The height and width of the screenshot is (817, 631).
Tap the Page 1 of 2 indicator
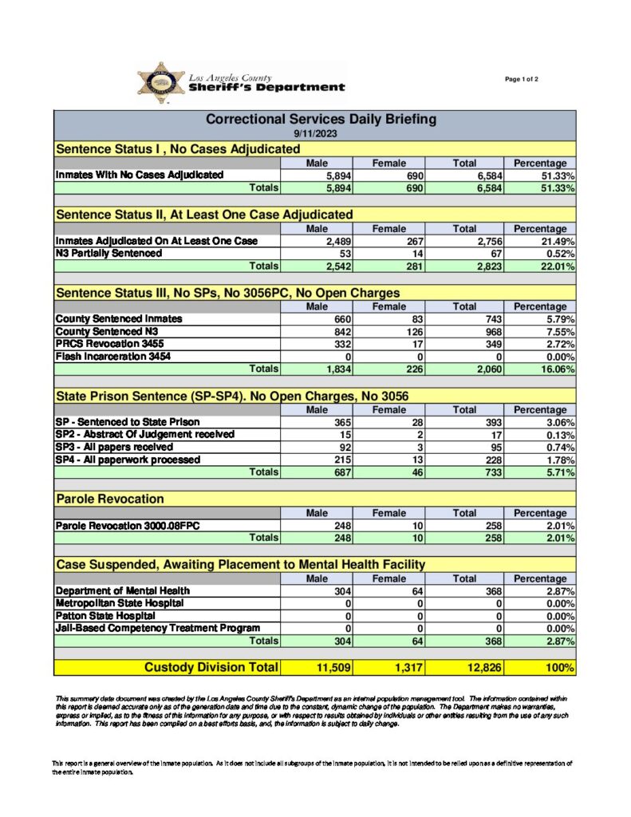click(x=522, y=79)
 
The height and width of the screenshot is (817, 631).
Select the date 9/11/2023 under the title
click(x=314, y=133)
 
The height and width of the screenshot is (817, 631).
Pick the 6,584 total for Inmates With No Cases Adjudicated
click(x=483, y=175)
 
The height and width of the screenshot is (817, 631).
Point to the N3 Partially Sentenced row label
click(x=108, y=253)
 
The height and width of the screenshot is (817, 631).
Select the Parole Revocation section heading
click(x=110, y=499)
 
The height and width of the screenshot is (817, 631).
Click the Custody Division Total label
click(x=211, y=667)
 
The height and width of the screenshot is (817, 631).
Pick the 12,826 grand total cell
click(x=479, y=667)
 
